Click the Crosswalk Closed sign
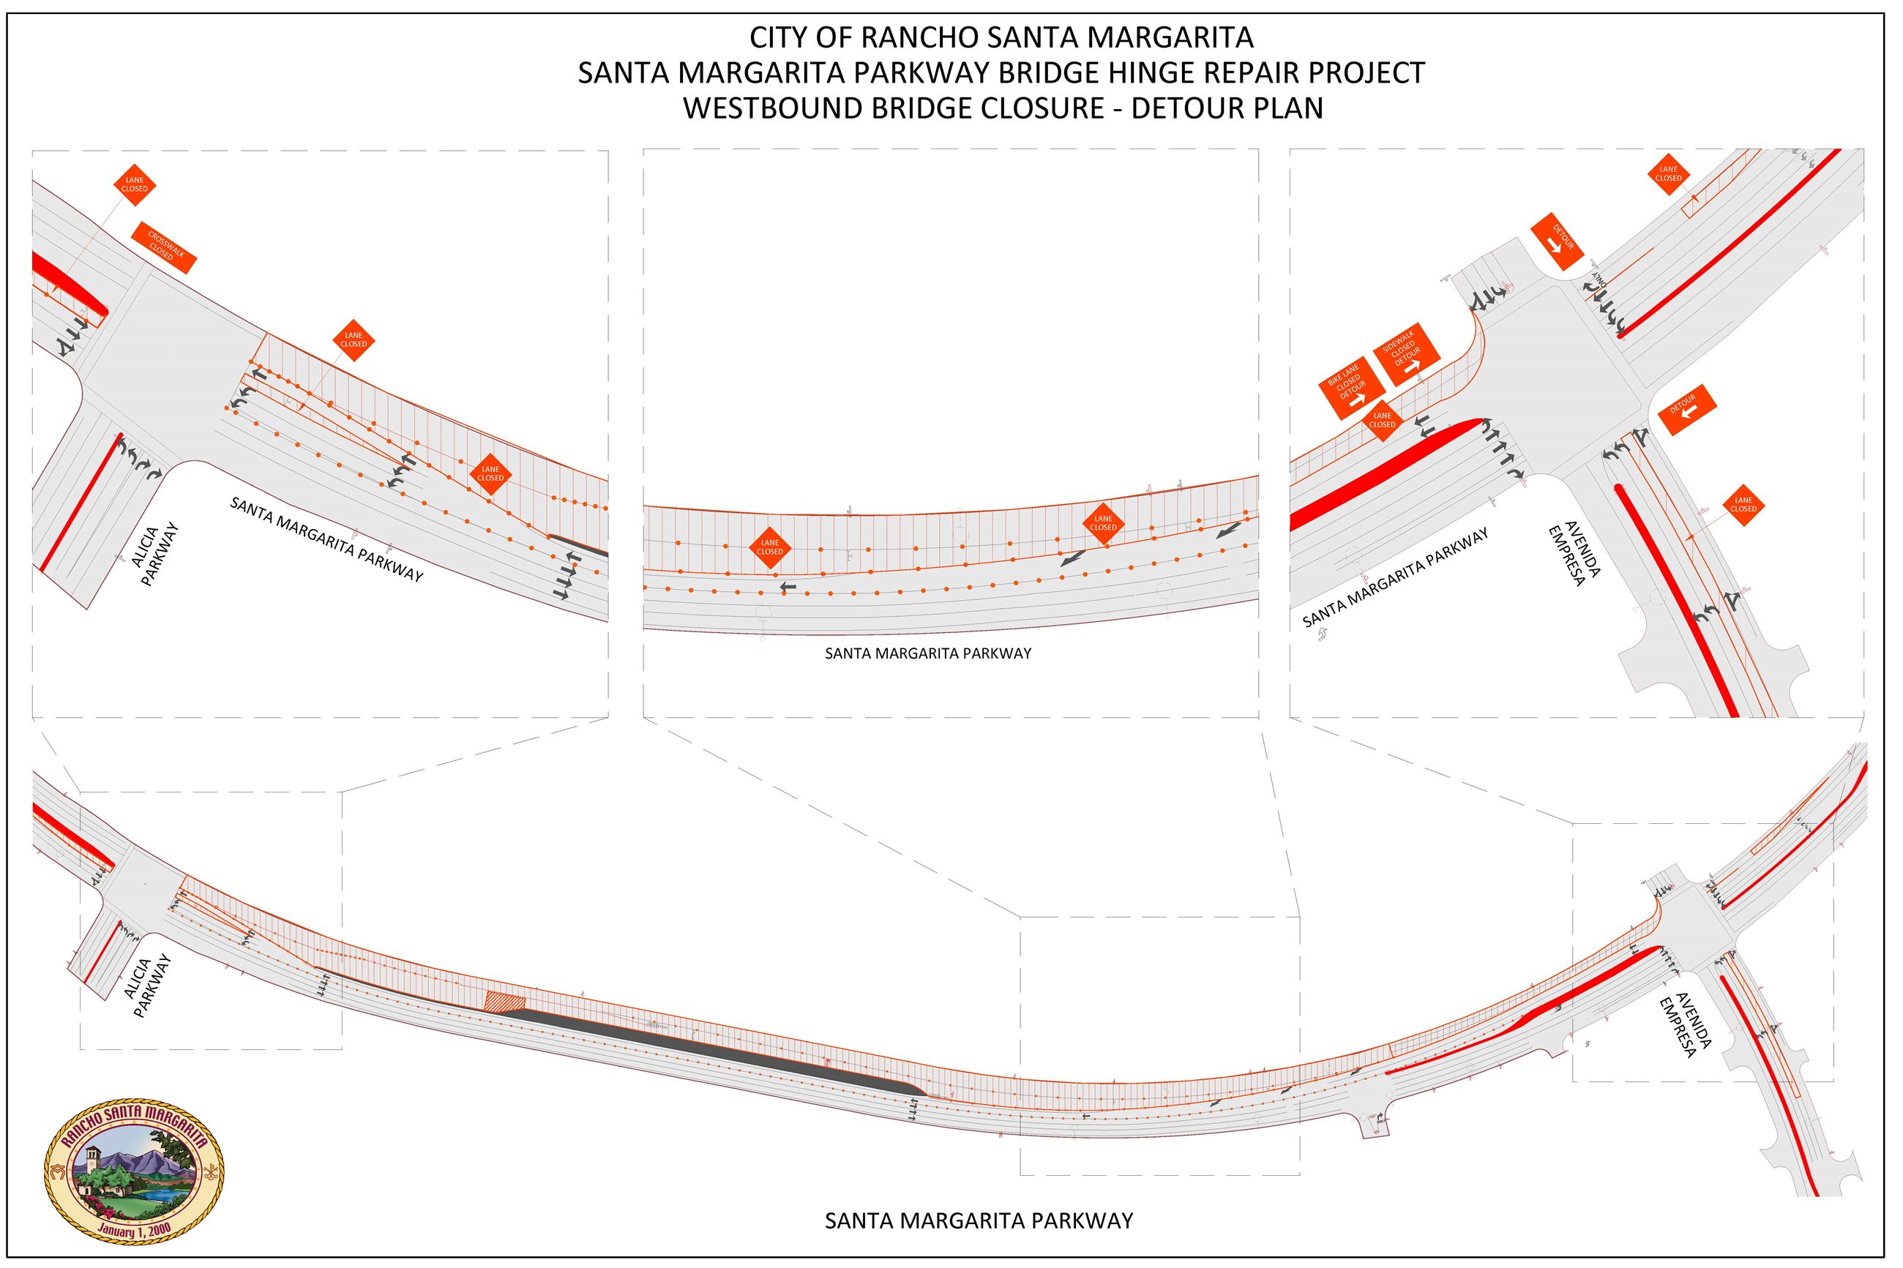(x=162, y=247)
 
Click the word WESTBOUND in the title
(x=771, y=108)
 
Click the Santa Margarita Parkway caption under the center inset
(x=927, y=653)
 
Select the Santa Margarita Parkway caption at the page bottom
(x=979, y=1220)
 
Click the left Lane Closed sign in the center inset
(x=769, y=547)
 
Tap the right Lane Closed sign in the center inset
(x=1103, y=522)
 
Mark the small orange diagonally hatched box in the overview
(x=505, y=1001)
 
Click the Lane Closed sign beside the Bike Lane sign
(x=1382, y=420)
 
